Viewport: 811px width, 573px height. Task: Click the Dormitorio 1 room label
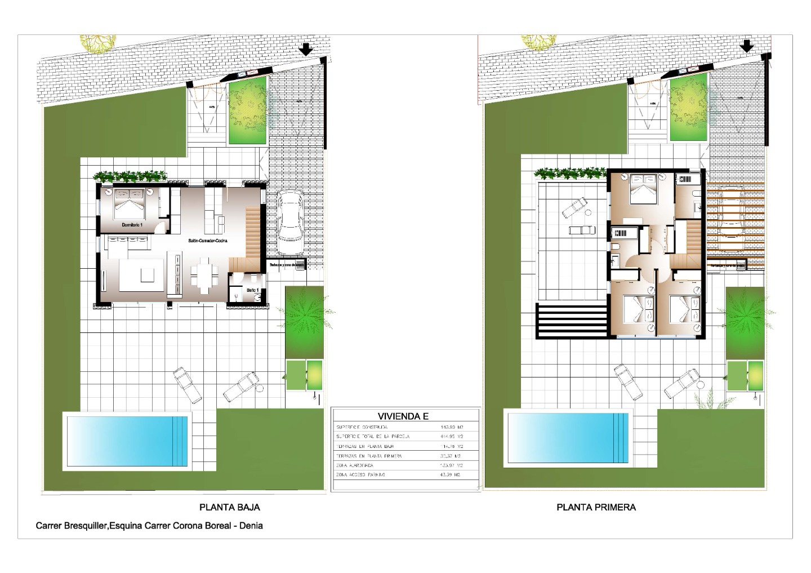tap(133, 225)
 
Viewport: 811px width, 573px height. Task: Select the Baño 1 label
tap(253, 290)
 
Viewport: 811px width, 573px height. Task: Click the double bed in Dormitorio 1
tap(130, 202)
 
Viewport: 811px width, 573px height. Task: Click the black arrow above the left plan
tap(306, 50)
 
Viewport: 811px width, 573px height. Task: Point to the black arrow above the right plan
tap(747, 47)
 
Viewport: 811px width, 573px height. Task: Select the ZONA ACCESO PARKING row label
tap(360, 475)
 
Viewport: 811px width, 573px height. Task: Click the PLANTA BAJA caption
tap(230, 507)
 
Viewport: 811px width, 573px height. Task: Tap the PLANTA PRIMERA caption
tap(596, 507)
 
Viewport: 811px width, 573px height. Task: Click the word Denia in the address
tap(251, 526)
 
